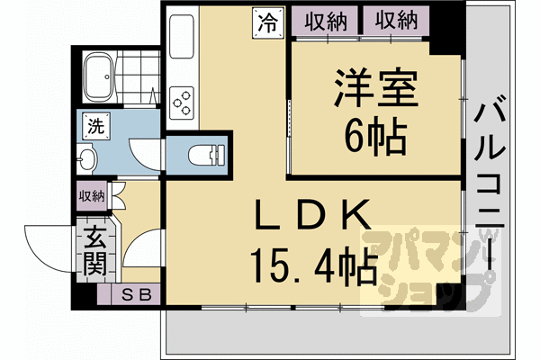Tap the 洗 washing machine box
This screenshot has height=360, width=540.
coord(94,127)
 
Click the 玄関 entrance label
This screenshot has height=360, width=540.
coord(94,251)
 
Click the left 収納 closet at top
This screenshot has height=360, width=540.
coord(326,19)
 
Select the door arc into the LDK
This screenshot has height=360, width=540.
coord(139,251)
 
